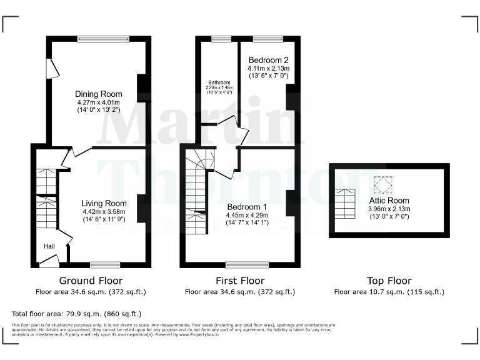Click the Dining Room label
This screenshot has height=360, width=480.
tap(99, 94)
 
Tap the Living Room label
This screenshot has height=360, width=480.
tap(104, 203)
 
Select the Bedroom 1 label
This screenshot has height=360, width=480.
tap(247, 207)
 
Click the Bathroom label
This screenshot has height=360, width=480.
tap(219, 82)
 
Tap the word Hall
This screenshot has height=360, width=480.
tap(49, 246)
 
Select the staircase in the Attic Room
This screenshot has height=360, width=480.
tap(344, 203)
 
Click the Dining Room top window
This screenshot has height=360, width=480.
tap(103, 39)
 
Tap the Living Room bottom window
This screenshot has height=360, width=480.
tap(105, 264)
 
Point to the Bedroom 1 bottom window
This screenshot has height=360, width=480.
tap(243, 264)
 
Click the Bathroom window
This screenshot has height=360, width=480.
tap(221, 39)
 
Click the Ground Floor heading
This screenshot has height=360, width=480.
tap(91, 281)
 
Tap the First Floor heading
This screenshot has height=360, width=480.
tap(239, 281)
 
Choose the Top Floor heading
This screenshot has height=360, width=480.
tap(389, 281)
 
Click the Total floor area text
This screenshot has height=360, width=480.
tap(77, 313)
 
